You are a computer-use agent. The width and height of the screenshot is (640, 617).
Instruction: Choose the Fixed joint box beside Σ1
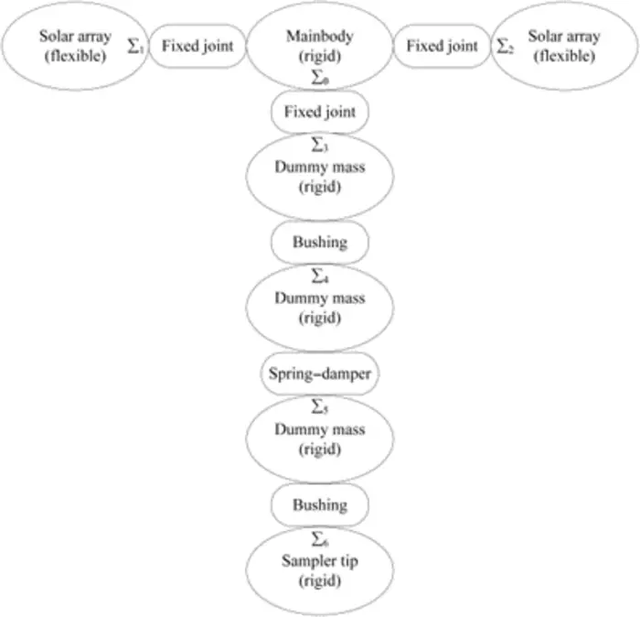tap(197, 46)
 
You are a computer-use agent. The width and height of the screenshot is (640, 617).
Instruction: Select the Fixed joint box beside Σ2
tap(442, 46)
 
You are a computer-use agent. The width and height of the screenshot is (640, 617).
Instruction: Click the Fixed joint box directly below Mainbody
tap(320, 113)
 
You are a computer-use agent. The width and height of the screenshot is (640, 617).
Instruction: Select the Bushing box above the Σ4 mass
tap(320, 243)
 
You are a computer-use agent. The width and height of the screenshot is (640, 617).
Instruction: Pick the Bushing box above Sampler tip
tap(320, 504)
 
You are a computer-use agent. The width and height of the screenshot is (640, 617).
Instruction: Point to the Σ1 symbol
tap(136, 46)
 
